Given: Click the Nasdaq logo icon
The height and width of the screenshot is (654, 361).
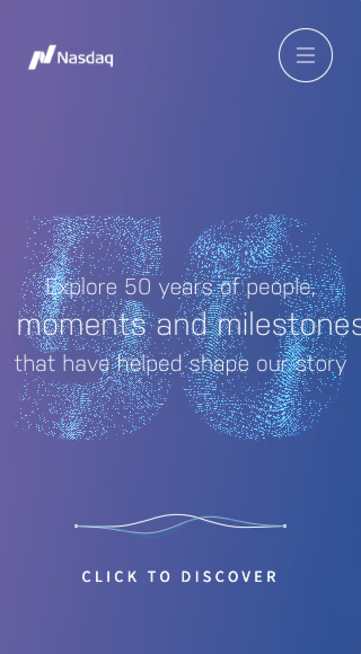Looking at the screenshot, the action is [x=42, y=57].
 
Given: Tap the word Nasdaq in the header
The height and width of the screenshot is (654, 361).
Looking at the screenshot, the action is [x=85, y=59].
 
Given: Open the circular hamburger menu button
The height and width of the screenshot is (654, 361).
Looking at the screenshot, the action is [x=305, y=55].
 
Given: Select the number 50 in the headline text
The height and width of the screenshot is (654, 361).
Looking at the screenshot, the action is [x=138, y=287].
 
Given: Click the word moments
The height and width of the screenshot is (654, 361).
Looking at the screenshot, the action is [x=81, y=325].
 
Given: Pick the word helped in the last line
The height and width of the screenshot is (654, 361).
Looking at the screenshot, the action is [x=150, y=364].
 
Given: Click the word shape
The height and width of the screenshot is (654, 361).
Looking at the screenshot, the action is [x=219, y=365].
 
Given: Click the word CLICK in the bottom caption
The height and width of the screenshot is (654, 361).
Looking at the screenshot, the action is [x=109, y=577].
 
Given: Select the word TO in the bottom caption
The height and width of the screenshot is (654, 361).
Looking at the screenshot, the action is [x=159, y=577].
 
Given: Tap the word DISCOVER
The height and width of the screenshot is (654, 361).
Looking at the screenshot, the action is [x=229, y=577].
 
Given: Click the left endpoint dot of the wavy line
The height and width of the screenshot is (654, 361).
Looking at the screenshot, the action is [x=76, y=526].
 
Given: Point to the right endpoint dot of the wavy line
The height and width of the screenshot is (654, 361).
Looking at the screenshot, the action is [x=285, y=526].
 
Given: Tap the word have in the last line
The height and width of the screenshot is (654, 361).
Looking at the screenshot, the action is [x=86, y=364].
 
